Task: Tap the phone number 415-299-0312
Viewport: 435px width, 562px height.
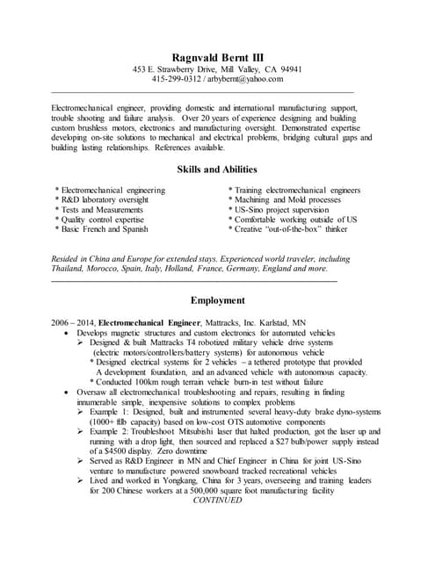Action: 177,79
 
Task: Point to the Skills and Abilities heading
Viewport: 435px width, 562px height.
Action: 217,169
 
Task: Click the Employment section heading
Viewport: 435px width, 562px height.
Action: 217,300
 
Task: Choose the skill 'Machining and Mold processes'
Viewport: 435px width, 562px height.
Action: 285,200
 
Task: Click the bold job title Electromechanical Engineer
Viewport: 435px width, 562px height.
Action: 149,323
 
